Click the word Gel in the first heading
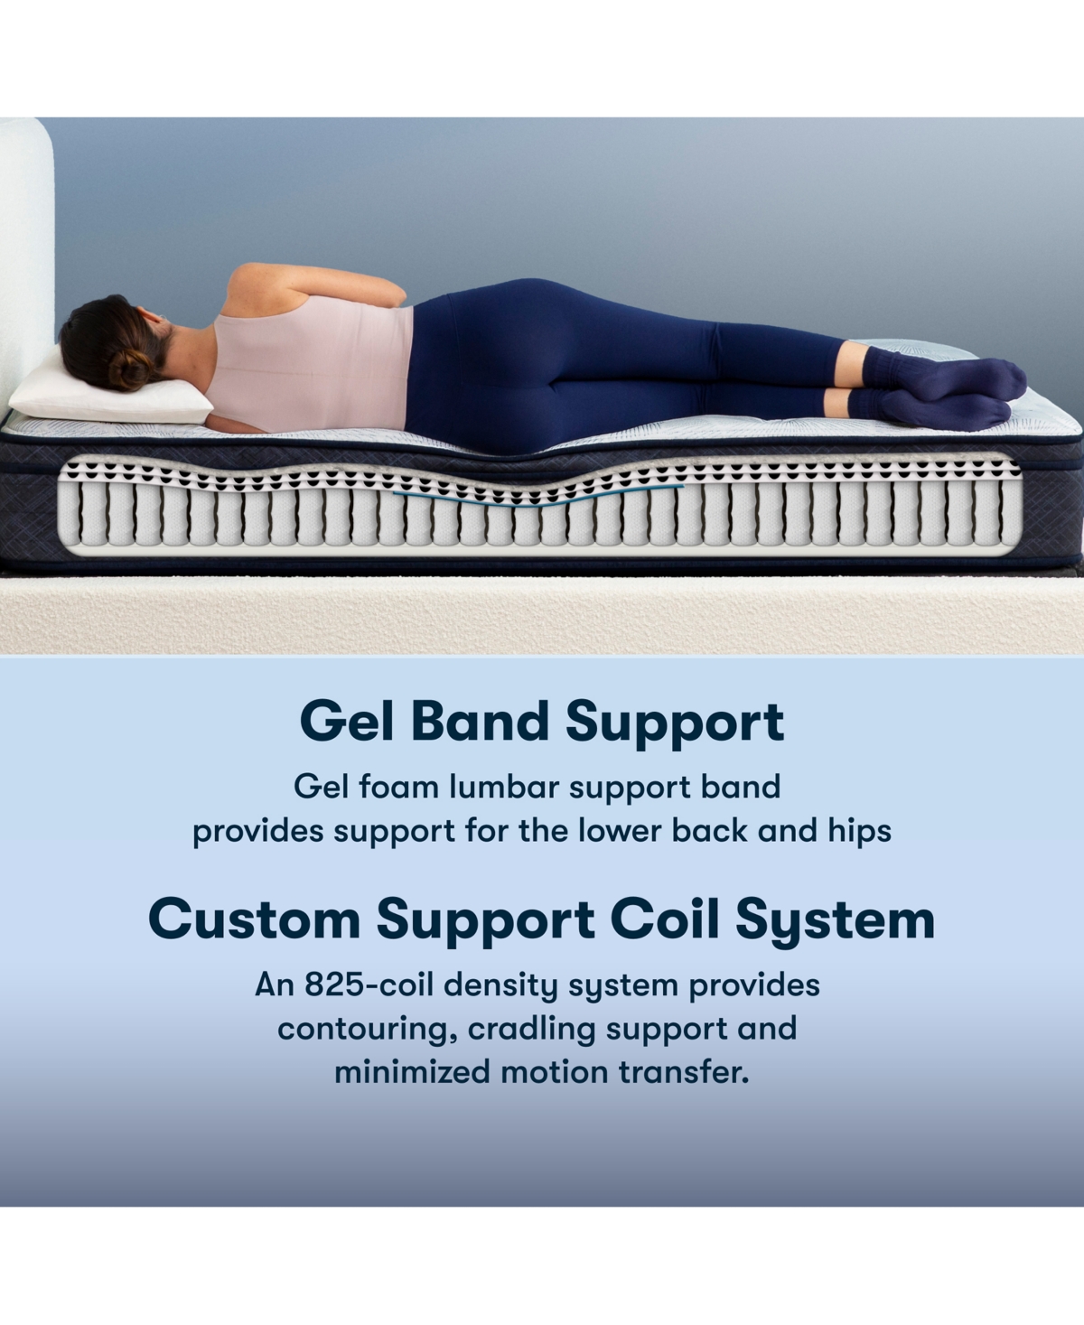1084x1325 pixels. pyautogui.click(x=347, y=722)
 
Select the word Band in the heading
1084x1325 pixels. pyautogui.click(x=481, y=722)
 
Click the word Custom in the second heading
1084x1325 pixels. pyautogui.click(x=255, y=919)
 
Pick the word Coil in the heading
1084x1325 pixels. pyautogui.click(x=665, y=919)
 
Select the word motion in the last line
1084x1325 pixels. pyautogui.click(x=553, y=1072)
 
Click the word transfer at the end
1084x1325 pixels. pyautogui.click(x=685, y=1072)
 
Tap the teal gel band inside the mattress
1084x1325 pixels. pyautogui.click(x=538, y=498)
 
